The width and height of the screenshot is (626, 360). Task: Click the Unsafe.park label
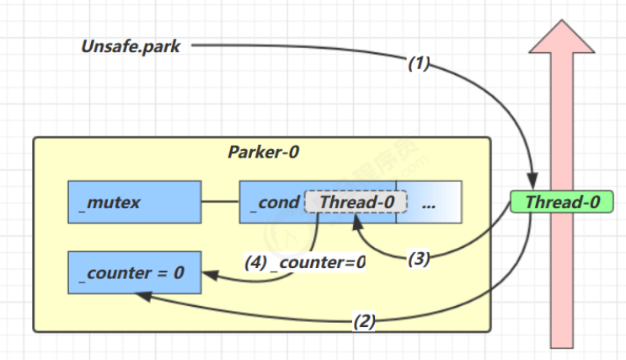[x=131, y=46]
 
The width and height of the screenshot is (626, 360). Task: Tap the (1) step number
[x=419, y=63]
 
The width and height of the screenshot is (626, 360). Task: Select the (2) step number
[x=364, y=321]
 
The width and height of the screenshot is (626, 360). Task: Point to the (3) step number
[x=419, y=259]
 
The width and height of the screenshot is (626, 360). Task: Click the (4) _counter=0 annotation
[x=305, y=262]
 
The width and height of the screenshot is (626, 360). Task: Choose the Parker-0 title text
[x=263, y=152]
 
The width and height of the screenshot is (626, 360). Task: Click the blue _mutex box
[x=135, y=201]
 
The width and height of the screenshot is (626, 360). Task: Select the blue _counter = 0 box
[x=135, y=272]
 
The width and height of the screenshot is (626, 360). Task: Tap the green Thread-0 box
[x=562, y=201]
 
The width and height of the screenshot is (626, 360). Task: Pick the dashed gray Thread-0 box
[x=356, y=201]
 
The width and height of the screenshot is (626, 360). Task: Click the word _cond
[x=275, y=202]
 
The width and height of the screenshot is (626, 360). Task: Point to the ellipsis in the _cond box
[x=428, y=206]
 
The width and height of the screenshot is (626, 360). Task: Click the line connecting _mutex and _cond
[x=221, y=201]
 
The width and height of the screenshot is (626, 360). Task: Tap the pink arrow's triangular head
[x=562, y=37]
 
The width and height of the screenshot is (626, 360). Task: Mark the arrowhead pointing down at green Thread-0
[x=532, y=181]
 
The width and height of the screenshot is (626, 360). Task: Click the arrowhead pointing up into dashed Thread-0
[x=357, y=223]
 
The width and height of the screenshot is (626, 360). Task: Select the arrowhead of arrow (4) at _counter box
[x=211, y=275]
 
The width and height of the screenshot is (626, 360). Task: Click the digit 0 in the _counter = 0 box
[x=179, y=273]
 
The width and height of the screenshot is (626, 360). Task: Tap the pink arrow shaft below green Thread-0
[x=562, y=281]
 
